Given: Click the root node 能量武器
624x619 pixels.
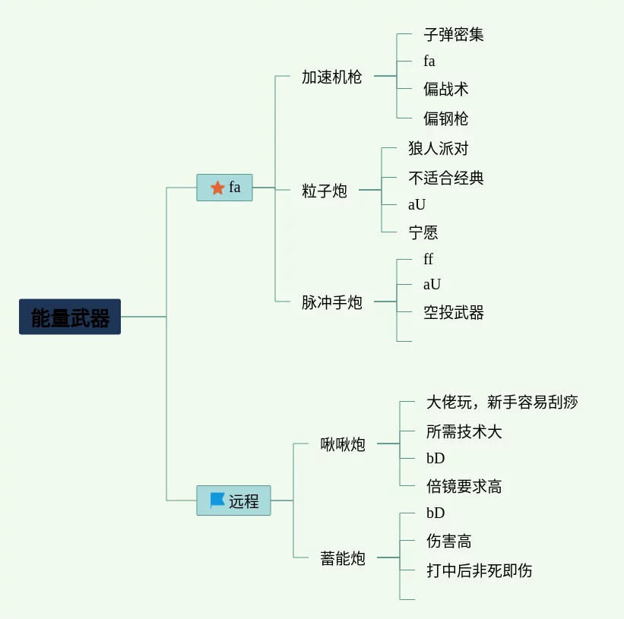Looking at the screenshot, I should [70, 317].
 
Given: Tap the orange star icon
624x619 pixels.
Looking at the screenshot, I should [217, 188].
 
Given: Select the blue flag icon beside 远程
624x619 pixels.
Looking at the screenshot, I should [217, 501].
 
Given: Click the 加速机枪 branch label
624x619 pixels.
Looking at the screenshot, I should [331, 77].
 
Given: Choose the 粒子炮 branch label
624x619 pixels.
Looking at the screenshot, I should [324, 191].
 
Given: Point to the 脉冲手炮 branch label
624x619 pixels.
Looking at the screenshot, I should [331, 302].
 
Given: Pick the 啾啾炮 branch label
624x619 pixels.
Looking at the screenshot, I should [342, 444].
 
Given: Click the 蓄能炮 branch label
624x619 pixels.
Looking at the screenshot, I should [342, 558].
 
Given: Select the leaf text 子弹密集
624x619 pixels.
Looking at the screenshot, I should [453, 34].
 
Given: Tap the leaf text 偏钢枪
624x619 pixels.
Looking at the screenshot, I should [445, 118].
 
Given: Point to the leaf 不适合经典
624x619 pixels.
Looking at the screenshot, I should [445, 178].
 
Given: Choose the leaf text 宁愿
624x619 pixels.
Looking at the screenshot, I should [423, 232].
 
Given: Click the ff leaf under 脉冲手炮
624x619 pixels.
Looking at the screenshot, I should [428, 259].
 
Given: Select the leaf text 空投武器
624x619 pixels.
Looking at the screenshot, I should [453, 312].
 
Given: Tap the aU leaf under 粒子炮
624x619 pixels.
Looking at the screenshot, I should [417, 204].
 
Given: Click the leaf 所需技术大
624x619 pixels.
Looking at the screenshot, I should [464, 431].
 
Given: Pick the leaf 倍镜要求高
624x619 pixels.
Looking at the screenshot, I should [464, 486].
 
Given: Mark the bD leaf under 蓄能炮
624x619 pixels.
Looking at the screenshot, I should [436, 513].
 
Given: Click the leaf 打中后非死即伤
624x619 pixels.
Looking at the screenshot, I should [479, 570].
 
